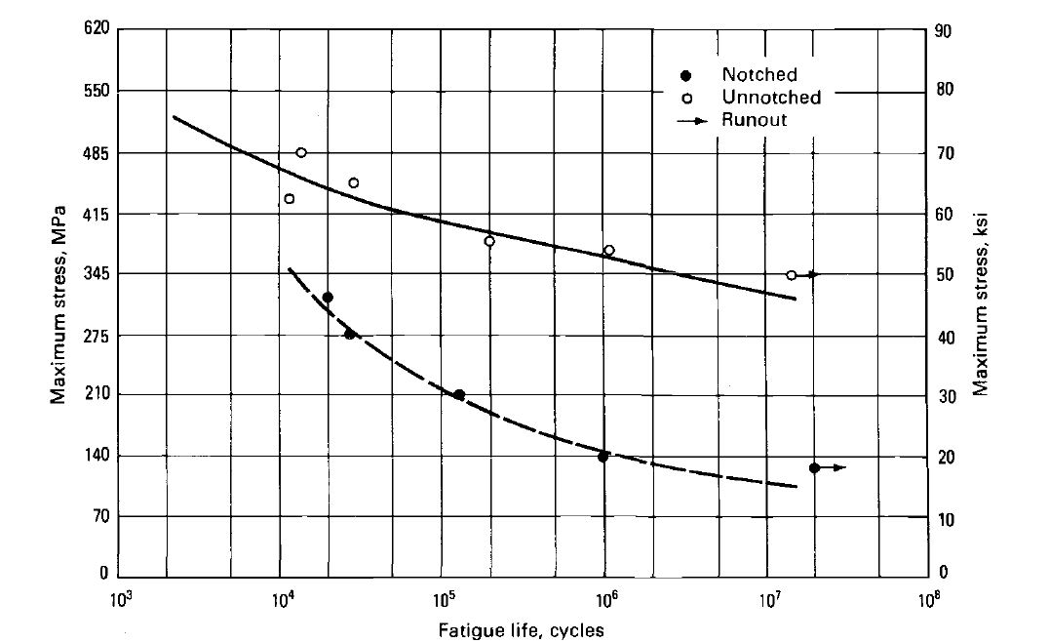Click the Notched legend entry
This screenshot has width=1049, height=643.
click(759, 75)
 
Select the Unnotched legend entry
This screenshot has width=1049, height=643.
click(771, 98)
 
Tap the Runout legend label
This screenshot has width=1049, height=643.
click(755, 120)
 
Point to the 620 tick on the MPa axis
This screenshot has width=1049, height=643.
click(93, 30)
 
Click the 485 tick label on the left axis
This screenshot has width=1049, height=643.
click(93, 153)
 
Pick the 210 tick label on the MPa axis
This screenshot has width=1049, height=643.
click(93, 394)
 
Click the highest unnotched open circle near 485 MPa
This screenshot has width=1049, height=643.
click(301, 152)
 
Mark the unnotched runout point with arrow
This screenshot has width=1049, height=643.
click(792, 275)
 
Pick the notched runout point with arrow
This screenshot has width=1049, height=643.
click(815, 468)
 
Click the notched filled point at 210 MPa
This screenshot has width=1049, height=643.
click(459, 395)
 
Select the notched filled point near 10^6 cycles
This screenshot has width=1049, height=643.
click(603, 456)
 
